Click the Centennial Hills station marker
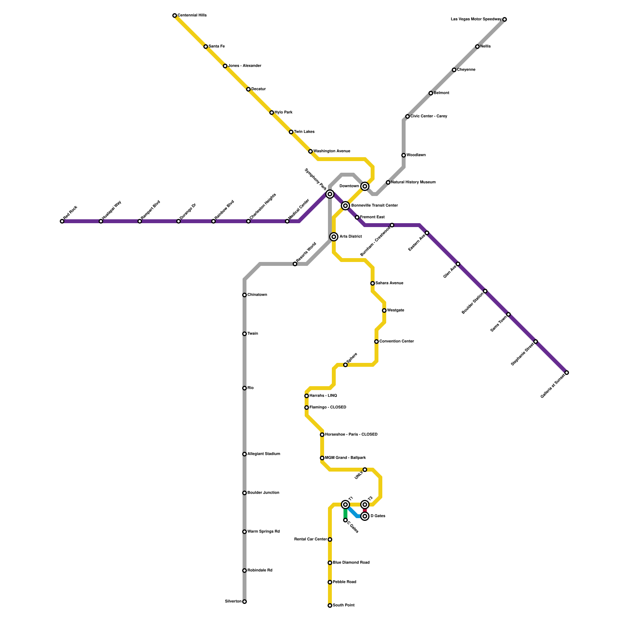[175, 16]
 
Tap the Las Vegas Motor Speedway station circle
[505, 19]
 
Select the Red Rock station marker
[62, 221]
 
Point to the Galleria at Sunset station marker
[567, 373]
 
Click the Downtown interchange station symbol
[365, 186]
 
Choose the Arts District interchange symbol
[334, 237]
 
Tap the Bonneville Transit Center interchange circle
[345, 206]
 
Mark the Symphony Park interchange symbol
[330, 194]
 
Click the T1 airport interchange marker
[345, 505]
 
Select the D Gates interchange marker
[365, 516]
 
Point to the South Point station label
[343, 605]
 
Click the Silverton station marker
[245, 602]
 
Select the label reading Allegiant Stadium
[264, 454]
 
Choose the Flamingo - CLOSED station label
[328, 408]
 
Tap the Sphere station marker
[345, 365]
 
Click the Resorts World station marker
[295, 264]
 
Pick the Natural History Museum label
[413, 182]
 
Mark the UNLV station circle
[365, 470]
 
